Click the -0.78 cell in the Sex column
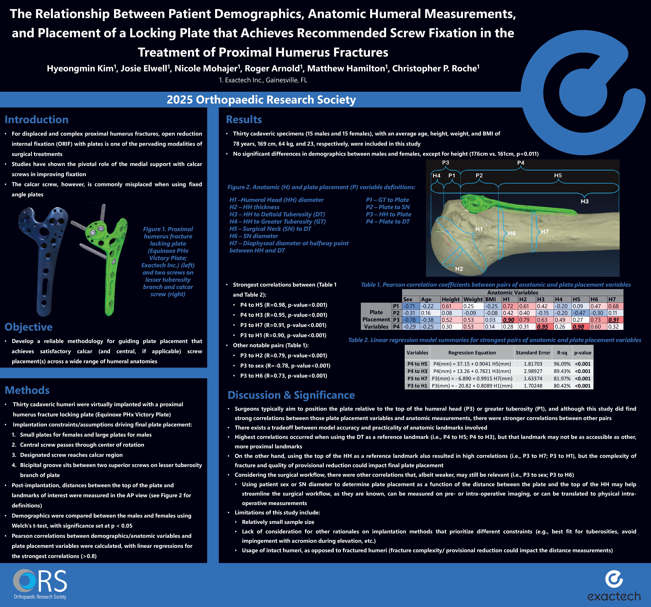pyautogui.click(x=410, y=320)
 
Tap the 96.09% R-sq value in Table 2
pyautogui.click(x=562, y=364)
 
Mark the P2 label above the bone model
pyautogui.click(x=479, y=175)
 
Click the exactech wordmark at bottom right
pyautogui.click(x=614, y=596)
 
